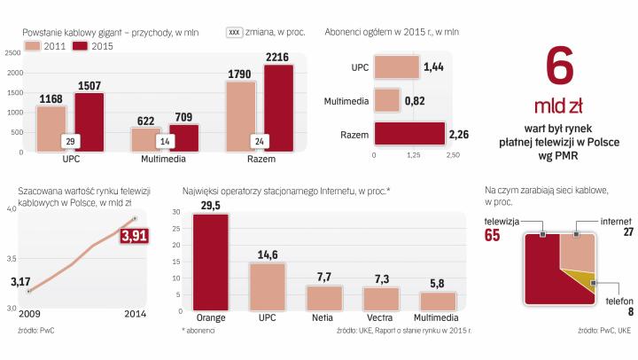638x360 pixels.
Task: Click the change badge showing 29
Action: (x=70, y=141)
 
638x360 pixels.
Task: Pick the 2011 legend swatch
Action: (x=35, y=45)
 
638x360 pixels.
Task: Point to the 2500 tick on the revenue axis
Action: (x=12, y=51)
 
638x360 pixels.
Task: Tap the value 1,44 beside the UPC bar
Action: (x=433, y=67)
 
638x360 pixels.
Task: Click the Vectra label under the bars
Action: (x=381, y=317)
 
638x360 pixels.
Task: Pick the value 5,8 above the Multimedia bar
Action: (x=438, y=284)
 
